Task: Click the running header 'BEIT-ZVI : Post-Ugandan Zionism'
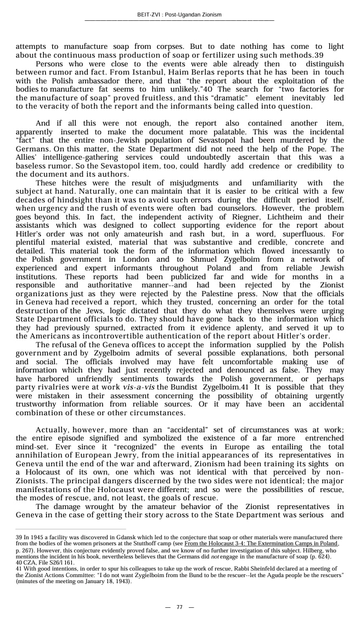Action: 179,15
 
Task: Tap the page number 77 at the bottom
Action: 179,607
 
